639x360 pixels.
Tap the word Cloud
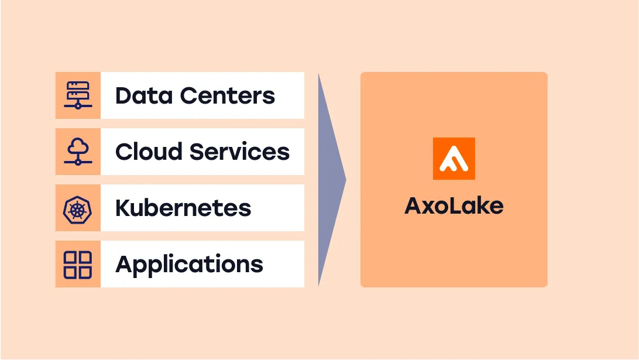149,152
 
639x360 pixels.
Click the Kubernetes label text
183,208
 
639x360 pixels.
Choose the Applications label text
189,265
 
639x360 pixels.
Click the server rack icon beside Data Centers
78,95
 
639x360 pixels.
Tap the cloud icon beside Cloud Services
78,152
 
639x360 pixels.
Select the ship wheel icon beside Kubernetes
78,208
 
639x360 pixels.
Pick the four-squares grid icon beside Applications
78,265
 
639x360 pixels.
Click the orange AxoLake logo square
454,159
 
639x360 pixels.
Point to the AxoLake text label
454,205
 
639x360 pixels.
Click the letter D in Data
123,95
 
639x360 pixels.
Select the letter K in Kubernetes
123,208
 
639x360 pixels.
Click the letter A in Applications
124,264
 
